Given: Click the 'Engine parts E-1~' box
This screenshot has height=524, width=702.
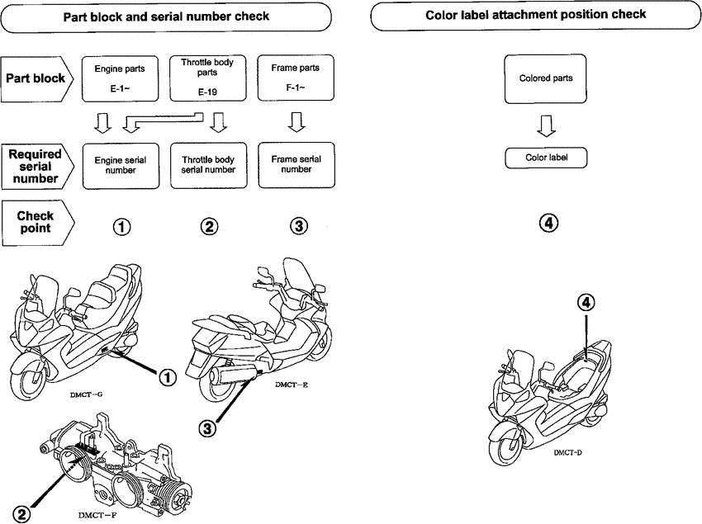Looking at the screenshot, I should pyautogui.click(x=120, y=78).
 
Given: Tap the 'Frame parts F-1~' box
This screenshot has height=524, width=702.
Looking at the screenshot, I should pyautogui.click(x=295, y=78).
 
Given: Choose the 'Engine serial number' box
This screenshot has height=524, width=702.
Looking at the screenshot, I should pyautogui.click(x=120, y=165).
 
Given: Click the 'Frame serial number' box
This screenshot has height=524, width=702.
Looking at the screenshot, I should pyautogui.click(x=295, y=165).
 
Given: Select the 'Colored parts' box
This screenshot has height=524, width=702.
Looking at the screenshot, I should pyautogui.click(x=546, y=78).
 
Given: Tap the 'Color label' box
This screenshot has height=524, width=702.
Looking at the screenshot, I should pyautogui.click(x=546, y=158).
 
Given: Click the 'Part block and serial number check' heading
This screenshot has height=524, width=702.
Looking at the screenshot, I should pyautogui.click(x=166, y=16).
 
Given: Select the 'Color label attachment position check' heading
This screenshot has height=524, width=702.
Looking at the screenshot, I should pyautogui.click(x=535, y=15).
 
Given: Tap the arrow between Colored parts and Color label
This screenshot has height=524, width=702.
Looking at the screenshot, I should pyautogui.click(x=545, y=125).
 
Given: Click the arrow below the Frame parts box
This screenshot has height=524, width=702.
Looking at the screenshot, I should pyautogui.click(x=295, y=124).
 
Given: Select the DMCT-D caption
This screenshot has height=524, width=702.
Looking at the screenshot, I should pyautogui.click(x=566, y=452).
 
